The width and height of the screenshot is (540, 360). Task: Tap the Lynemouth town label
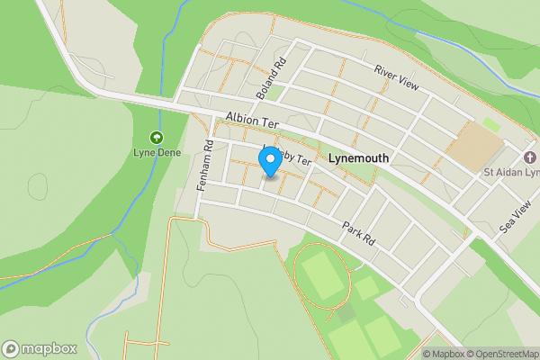tap(358, 157)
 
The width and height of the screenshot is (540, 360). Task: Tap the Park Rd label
tap(356, 230)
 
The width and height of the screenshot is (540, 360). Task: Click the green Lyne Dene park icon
tap(157, 138)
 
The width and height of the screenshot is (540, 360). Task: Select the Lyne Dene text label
tap(157, 153)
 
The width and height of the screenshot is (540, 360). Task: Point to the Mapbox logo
tap(39, 348)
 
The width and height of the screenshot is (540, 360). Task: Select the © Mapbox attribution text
tap(444, 354)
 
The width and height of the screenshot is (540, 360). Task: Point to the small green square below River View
tap(490, 123)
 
